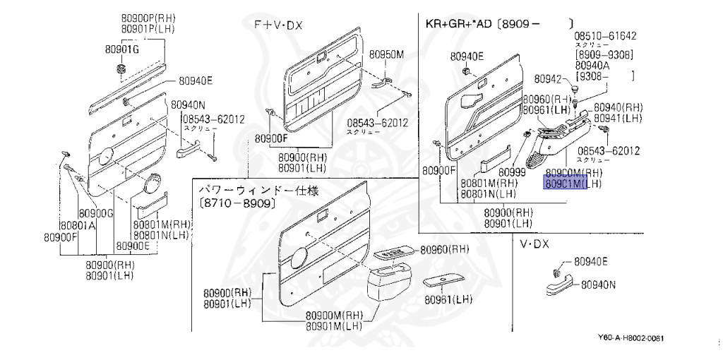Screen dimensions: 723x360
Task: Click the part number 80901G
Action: [x=122, y=49]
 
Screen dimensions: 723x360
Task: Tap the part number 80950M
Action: [x=388, y=54]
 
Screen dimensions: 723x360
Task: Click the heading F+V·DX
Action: [x=278, y=25]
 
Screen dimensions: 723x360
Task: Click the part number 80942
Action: [x=548, y=79]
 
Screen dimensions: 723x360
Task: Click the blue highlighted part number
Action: [x=569, y=184]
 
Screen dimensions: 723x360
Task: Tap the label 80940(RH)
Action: [x=617, y=107]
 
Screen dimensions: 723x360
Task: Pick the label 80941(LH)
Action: [x=617, y=118]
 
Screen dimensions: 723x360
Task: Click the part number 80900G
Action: [x=96, y=213]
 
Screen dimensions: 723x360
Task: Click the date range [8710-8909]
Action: [x=236, y=203]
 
